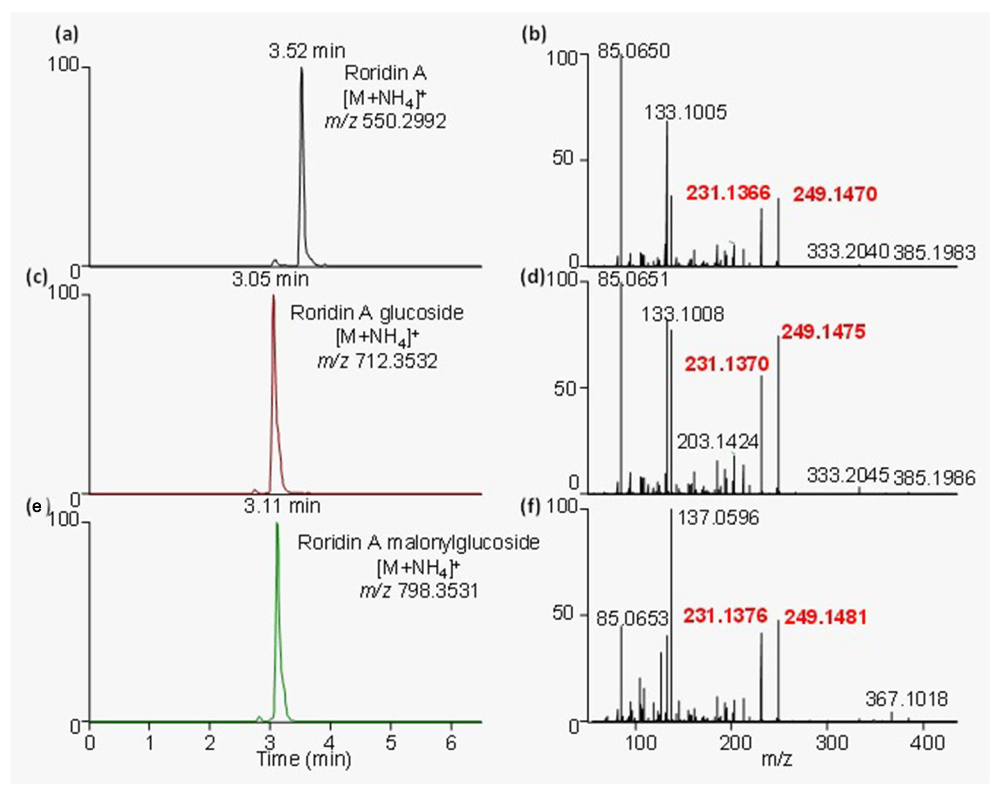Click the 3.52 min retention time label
307,50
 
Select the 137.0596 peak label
718,518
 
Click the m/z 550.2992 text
385,121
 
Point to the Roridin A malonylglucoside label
418,543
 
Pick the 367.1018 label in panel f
906,699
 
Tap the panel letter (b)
534,35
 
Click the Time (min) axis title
304,759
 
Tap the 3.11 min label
282,506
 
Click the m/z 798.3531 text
419,591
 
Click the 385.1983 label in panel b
934,253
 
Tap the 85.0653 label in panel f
632,618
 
